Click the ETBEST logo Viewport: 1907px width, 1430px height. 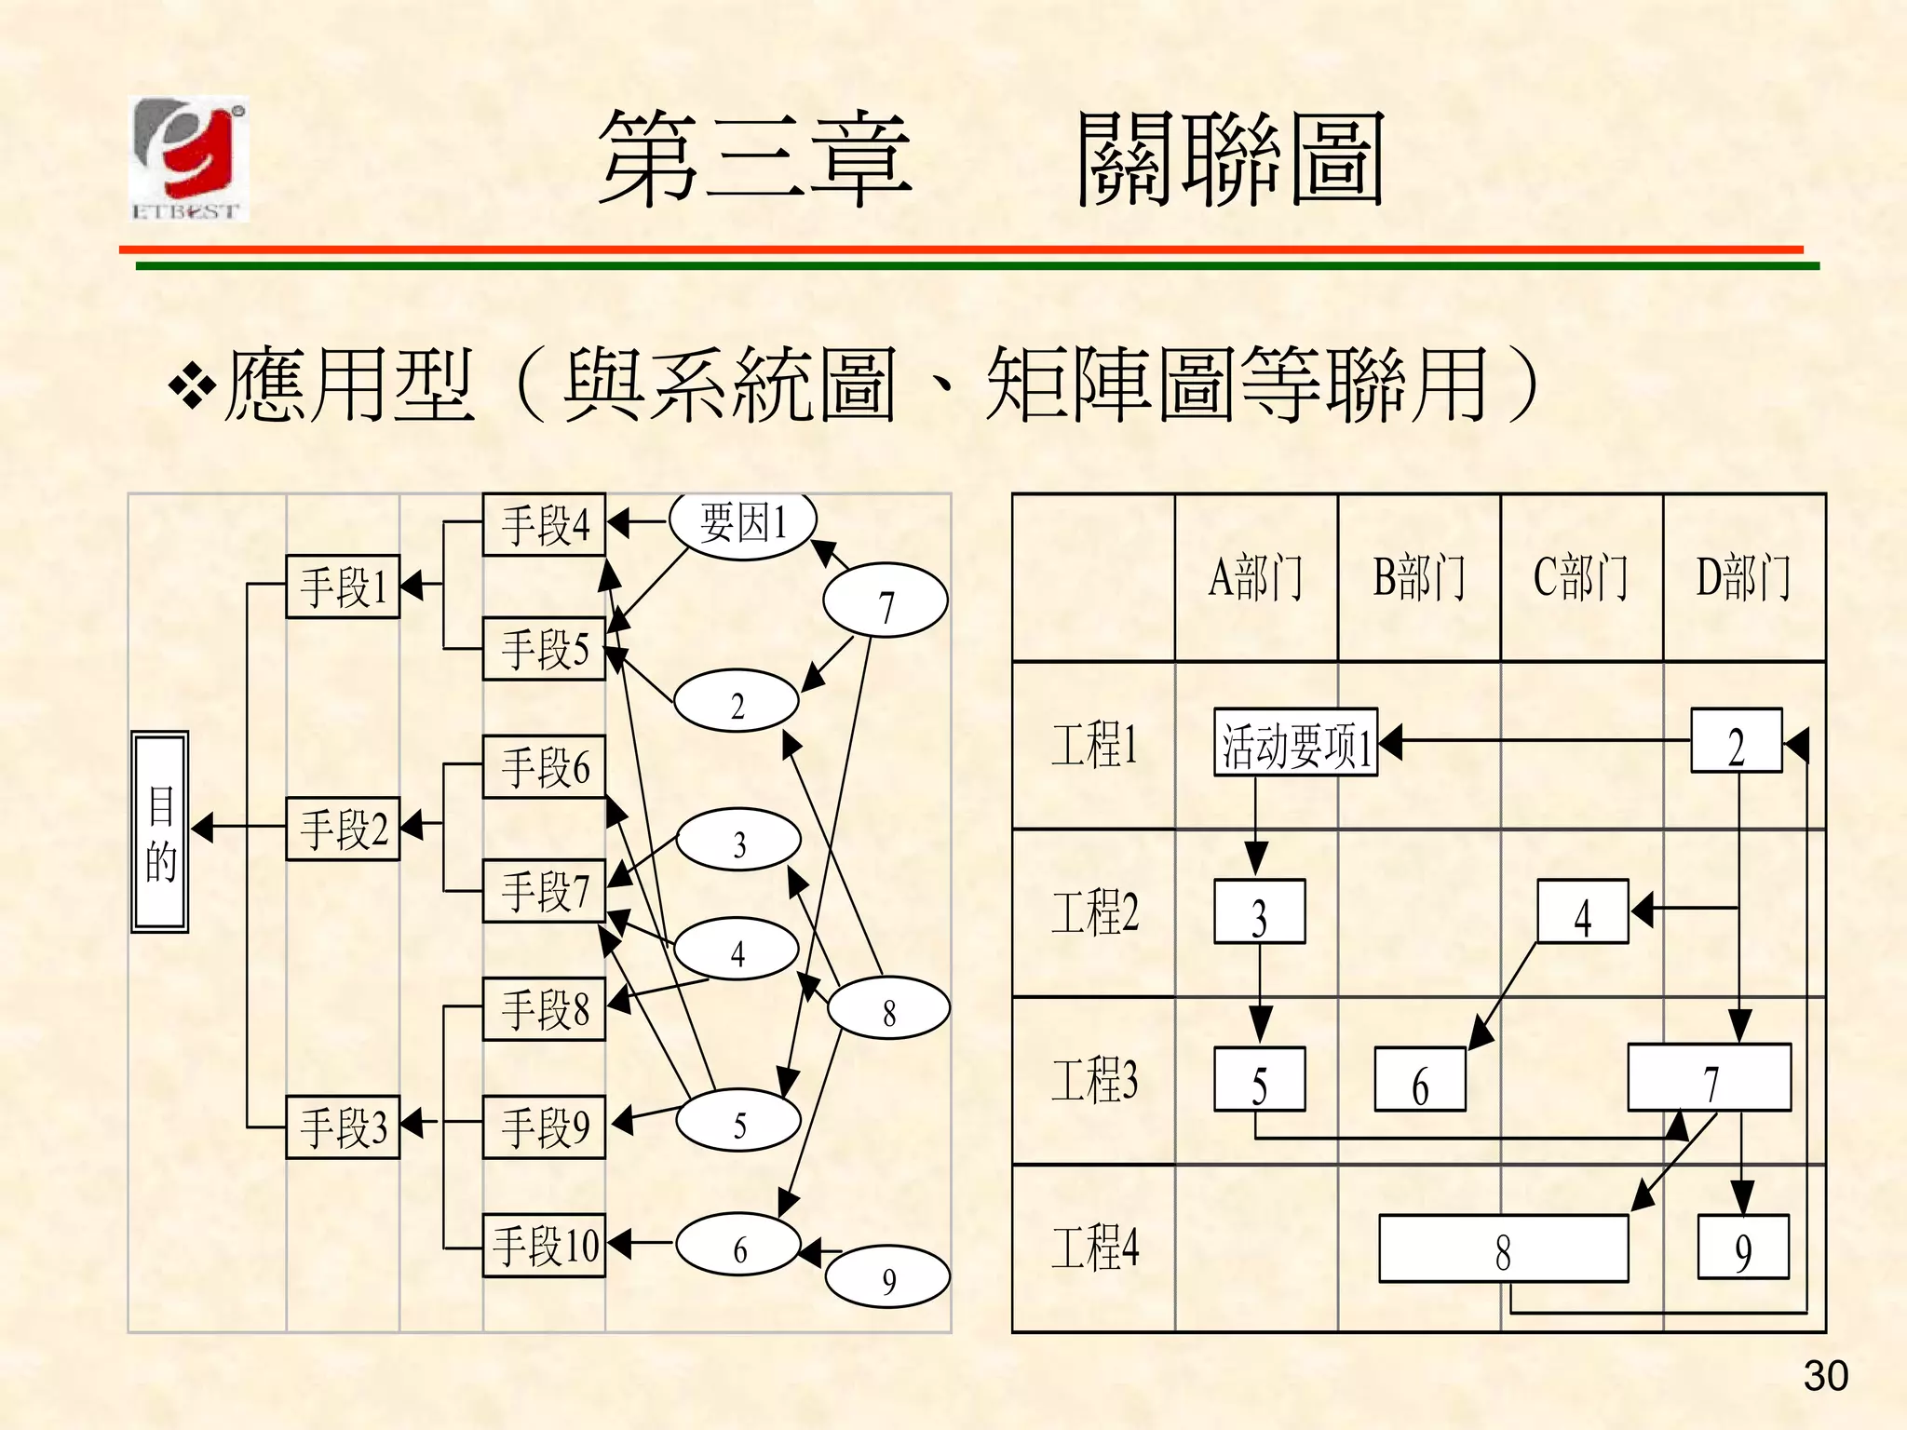(x=190, y=159)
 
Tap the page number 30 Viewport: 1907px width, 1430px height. (x=1825, y=1376)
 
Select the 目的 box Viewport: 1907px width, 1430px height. (x=160, y=831)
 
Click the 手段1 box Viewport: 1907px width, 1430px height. (x=342, y=587)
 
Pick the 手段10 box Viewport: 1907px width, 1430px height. (x=545, y=1245)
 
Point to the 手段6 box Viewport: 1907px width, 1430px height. (x=545, y=767)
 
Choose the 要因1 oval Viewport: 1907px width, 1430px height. (x=743, y=524)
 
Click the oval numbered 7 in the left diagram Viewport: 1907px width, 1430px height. (x=886, y=601)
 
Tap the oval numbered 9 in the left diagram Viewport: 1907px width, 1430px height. (x=887, y=1279)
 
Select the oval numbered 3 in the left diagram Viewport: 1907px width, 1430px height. (x=738, y=840)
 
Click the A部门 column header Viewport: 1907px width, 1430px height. (x=1255, y=577)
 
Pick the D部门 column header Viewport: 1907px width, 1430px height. (x=1743, y=577)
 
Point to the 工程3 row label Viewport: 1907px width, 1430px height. (x=1094, y=1080)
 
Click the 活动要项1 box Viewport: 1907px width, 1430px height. (x=1295, y=743)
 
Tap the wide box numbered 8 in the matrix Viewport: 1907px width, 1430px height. (x=1503, y=1249)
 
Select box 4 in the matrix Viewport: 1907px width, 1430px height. (x=1582, y=912)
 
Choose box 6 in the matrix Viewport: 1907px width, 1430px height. (x=1420, y=1080)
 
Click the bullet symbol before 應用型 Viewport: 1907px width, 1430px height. (x=192, y=386)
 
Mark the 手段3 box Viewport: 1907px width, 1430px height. (x=342, y=1126)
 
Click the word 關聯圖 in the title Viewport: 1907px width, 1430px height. (x=1229, y=160)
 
